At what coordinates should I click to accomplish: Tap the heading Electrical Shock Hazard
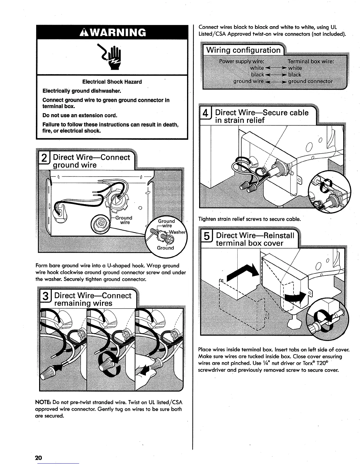(x=112, y=82)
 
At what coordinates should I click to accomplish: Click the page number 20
(x=39, y=458)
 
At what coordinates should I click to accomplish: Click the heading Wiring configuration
(x=243, y=50)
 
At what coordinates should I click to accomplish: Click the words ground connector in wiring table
(x=310, y=81)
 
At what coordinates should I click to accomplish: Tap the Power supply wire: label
(x=241, y=61)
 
